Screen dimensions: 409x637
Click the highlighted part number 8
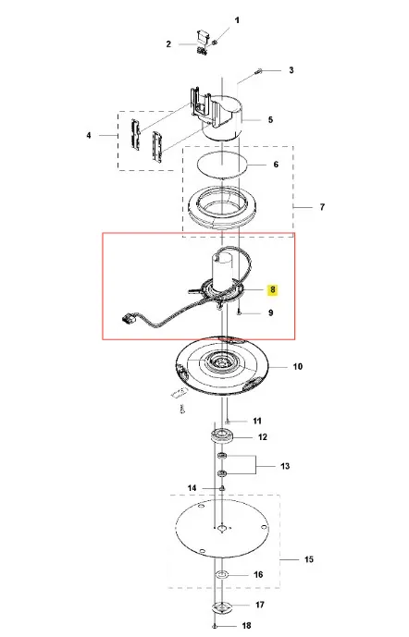click(x=272, y=289)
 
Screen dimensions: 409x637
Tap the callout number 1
click(x=237, y=20)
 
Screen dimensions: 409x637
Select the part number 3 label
click(x=291, y=70)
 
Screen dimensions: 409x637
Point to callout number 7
click(x=322, y=207)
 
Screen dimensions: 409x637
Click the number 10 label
click(x=298, y=366)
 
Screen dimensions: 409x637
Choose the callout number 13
click(x=285, y=466)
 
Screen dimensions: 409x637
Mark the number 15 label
click(x=309, y=559)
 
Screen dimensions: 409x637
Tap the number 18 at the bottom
click(x=246, y=626)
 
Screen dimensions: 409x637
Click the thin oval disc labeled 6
click(x=222, y=165)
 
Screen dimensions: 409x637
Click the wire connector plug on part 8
click(x=127, y=317)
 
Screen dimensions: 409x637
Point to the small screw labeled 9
click(x=240, y=312)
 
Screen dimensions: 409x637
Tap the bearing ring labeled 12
click(x=222, y=436)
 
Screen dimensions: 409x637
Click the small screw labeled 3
click(x=258, y=71)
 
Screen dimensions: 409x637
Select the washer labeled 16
click(x=222, y=575)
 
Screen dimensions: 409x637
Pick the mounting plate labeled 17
click(x=222, y=606)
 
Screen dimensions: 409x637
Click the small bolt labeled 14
click(x=222, y=487)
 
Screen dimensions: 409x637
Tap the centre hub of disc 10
click(x=221, y=361)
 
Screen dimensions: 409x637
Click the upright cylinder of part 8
click(x=222, y=271)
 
